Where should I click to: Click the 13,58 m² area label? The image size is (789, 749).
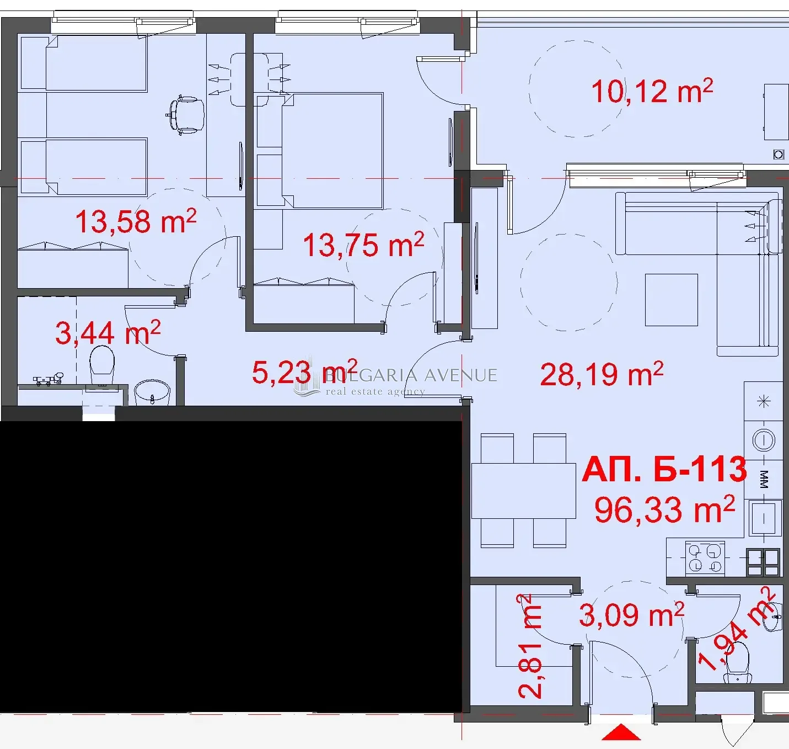pyautogui.click(x=136, y=221)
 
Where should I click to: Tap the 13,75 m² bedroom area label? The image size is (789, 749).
pyautogui.click(x=363, y=245)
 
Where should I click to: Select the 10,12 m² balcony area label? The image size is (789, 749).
pyautogui.click(x=652, y=91)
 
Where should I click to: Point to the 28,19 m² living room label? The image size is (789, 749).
pyautogui.click(x=602, y=374)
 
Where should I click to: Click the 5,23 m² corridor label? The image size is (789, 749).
pyautogui.click(x=304, y=371)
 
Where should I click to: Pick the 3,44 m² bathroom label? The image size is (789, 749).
pyautogui.click(x=108, y=332)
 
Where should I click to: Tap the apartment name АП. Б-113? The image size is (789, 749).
pyautogui.click(x=664, y=469)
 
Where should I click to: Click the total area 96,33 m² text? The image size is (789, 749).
pyautogui.click(x=664, y=509)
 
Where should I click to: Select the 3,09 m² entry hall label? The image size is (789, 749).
pyautogui.click(x=631, y=614)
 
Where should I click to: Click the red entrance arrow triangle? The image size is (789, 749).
pyautogui.click(x=621, y=732)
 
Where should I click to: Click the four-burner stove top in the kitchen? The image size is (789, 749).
pyautogui.click(x=705, y=557)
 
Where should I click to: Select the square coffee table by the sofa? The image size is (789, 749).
pyautogui.click(x=672, y=300)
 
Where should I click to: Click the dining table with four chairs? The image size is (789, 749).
pyautogui.click(x=524, y=491)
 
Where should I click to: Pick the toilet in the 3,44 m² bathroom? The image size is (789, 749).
pyautogui.click(x=103, y=365)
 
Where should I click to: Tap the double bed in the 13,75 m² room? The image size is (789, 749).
pyautogui.click(x=332, y=151)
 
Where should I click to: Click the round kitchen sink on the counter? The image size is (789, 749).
pyautogui.click(x=763, y=440)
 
